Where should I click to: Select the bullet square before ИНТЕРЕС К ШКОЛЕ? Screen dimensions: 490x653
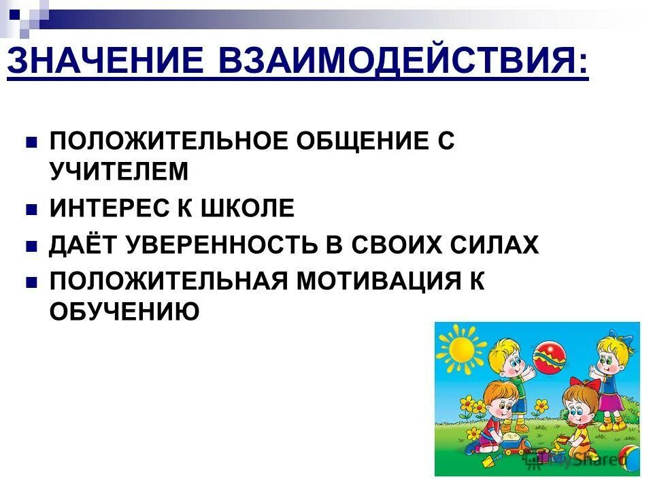click(x=30, y=210)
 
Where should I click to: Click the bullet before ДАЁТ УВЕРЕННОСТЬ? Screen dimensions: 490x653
click(x=30, y=246)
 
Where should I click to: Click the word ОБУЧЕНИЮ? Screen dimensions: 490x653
click(x=124, y=311)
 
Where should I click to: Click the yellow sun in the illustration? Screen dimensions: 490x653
click(x=460, y=348)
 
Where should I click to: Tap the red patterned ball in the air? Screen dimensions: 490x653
click(x=550, y=357)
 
